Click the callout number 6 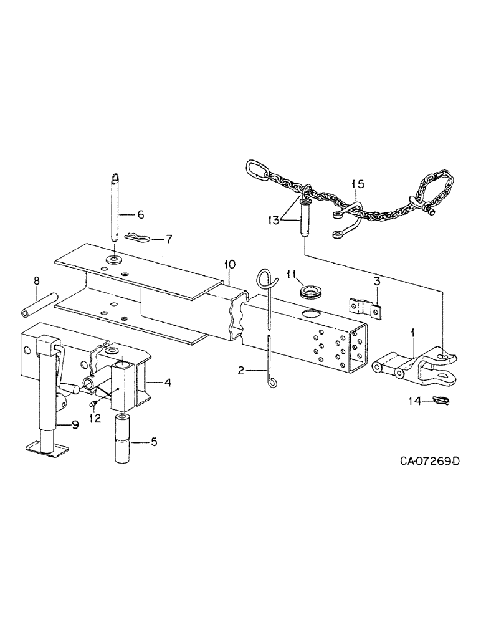140,215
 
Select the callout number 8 37,281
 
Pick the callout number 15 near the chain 358,184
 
